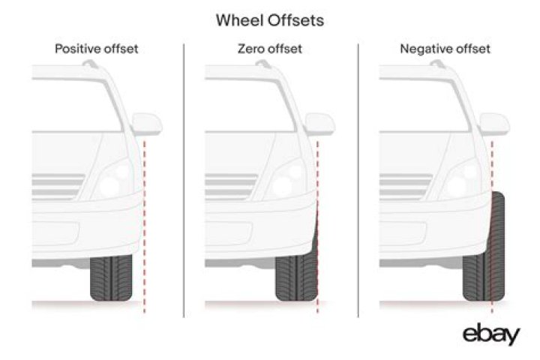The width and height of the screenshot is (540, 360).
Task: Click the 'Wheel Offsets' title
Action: [270, 20]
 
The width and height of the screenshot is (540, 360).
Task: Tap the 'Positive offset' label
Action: [97, 49]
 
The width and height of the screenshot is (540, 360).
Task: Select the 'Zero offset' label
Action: [270, 49]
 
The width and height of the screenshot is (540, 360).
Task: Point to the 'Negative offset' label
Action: [445, 49]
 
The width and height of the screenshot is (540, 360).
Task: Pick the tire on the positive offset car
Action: [111, 278]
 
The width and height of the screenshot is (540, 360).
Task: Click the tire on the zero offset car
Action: [296, 278]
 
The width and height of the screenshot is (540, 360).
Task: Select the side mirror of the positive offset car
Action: [147, 123]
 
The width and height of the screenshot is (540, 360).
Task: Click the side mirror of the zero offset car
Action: [320, 123]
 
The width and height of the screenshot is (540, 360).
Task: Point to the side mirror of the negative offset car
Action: [494, 123]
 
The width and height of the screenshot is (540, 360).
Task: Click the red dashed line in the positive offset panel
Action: [144, 225]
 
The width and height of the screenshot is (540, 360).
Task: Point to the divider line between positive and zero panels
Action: [184, 180]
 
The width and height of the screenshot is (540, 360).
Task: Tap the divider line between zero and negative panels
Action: [358, 180]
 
